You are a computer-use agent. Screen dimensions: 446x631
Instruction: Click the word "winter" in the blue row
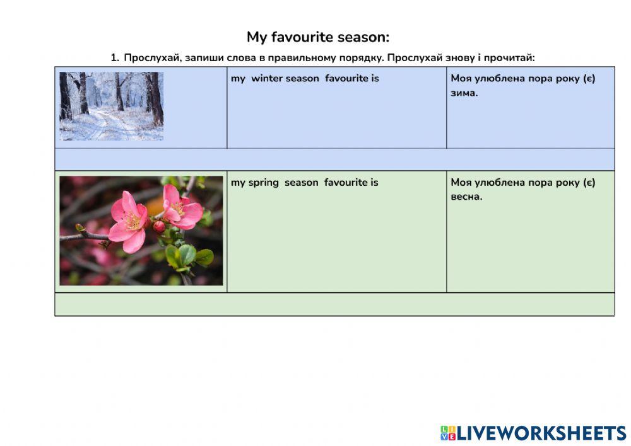[x=267, y=79]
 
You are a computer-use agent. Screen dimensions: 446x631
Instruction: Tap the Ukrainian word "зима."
[x=464, y=93]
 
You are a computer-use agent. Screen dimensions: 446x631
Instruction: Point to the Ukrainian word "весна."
[x=466, y=197]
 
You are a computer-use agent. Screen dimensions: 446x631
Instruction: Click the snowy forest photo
[x=111, y=106]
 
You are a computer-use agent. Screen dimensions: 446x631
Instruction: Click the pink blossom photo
[x=141, y=231]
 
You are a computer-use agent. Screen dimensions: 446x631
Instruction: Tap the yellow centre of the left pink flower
[x=133, y=221]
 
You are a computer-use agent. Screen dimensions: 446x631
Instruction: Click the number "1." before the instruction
[x=115, y=58]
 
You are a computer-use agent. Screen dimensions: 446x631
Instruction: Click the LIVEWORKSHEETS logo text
[x=541, y=433]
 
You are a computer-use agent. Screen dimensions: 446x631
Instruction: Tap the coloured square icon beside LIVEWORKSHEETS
[x=447, y=433]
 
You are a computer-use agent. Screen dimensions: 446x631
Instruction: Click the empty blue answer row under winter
[x=334, y=159]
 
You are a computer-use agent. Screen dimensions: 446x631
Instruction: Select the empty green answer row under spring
[x=334, y=304]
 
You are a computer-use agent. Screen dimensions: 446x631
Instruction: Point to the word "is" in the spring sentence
[x=374, y=183]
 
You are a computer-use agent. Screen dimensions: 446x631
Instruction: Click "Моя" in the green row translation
[x=462, y=183]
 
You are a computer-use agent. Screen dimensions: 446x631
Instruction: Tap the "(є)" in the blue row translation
[x=586, y=79]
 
